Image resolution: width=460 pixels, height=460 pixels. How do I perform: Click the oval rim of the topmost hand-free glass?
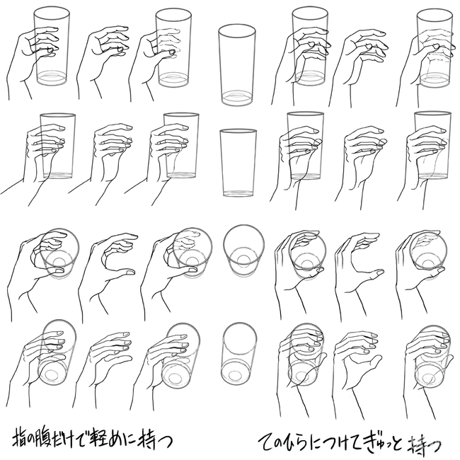[x=237, y=25]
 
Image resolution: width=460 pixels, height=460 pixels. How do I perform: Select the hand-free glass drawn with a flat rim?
[x=238, y=163]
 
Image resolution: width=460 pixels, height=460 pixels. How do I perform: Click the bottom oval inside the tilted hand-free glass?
[x=235, y=376]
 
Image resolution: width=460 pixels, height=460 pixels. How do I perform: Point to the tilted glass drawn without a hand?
[x=238, y=355]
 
